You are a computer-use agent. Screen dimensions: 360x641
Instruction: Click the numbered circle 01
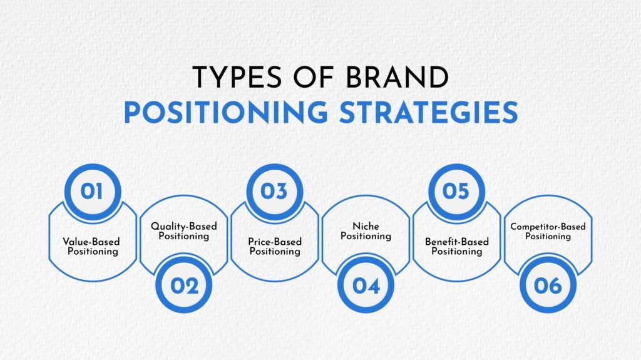pyautogui.click(x=92, y=191)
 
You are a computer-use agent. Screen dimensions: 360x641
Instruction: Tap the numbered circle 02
pyautogui.click(x=183, y=285)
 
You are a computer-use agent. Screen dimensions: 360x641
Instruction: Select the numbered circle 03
pyautogui.click(x=274, y=191)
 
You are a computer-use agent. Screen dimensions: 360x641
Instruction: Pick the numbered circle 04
pyautogui.click(x=366, y=285)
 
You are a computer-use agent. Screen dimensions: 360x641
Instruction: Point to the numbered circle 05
pyautogui.click(x=456, y=191)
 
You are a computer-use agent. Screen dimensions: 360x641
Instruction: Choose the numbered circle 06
pyautogui.click(x=548, y=285)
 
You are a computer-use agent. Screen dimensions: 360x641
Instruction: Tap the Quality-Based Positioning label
pyautogui.click(x=183, y=232)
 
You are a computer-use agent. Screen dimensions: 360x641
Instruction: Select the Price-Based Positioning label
pyautogui.click(x=275, y=246)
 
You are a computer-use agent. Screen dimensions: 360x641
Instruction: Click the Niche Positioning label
pyautogui.click(x=366, y=231)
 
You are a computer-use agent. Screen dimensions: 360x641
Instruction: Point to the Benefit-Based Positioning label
pyautogui.click(x=457, y=246)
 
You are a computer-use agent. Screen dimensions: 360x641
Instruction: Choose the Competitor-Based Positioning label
pyautogui.click(x=548, y=231)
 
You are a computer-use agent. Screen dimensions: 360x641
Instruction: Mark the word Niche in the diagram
pyautogui.click(x=366, y=226)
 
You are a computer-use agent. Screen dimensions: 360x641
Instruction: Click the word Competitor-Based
pyautogui.click(x=548, y=227)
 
